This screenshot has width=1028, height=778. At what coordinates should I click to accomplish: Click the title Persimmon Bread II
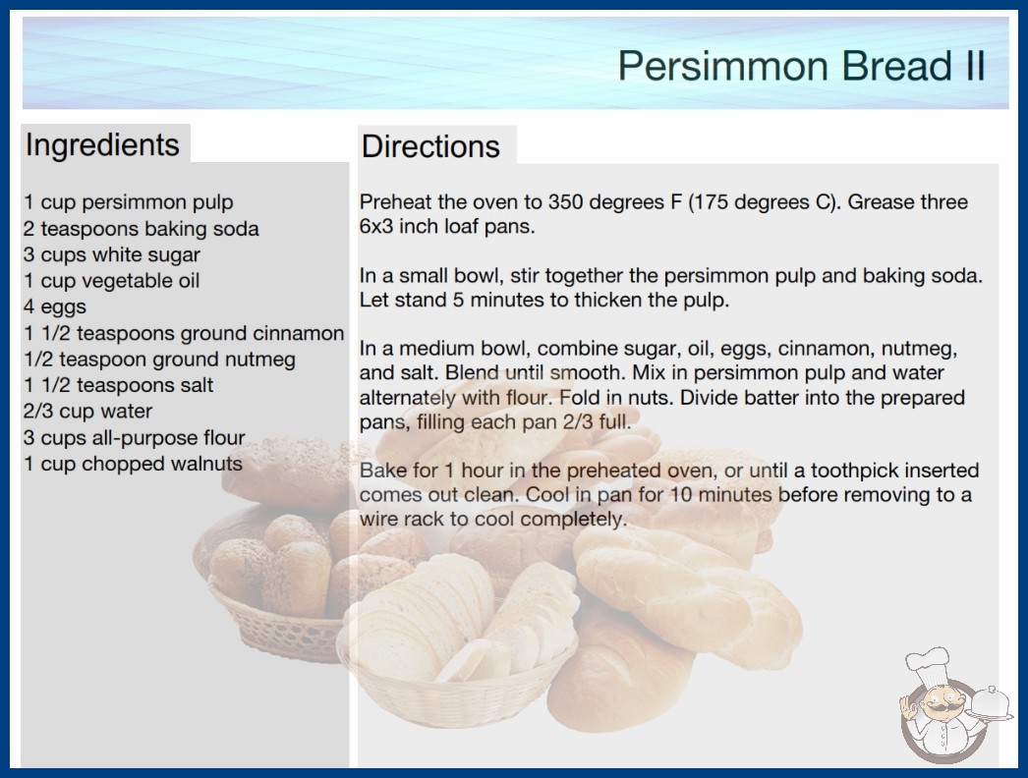tap(801, 66)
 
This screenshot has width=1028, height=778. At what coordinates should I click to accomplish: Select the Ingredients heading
tap(102, 145)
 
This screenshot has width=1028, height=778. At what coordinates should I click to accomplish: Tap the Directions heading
tap(430, 146)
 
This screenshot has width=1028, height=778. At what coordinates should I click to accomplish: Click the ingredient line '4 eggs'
tap(55, 306)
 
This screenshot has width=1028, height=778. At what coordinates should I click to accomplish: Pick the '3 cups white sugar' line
tap(112, 254)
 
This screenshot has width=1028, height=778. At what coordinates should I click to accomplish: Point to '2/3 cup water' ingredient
tap(87, 411)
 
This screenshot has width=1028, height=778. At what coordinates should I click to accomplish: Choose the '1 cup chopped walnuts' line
tap(133, 464)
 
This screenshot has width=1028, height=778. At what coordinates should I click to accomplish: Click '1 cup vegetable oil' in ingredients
tap(111, 281)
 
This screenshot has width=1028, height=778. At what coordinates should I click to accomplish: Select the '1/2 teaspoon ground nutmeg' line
tap(159, 360)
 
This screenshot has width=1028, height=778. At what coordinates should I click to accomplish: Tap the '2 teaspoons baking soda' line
tap(142, 229)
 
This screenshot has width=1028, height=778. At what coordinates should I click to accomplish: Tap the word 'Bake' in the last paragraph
tap(382, 470)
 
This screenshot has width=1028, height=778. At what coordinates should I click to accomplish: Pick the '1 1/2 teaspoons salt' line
tap(119, 385)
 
